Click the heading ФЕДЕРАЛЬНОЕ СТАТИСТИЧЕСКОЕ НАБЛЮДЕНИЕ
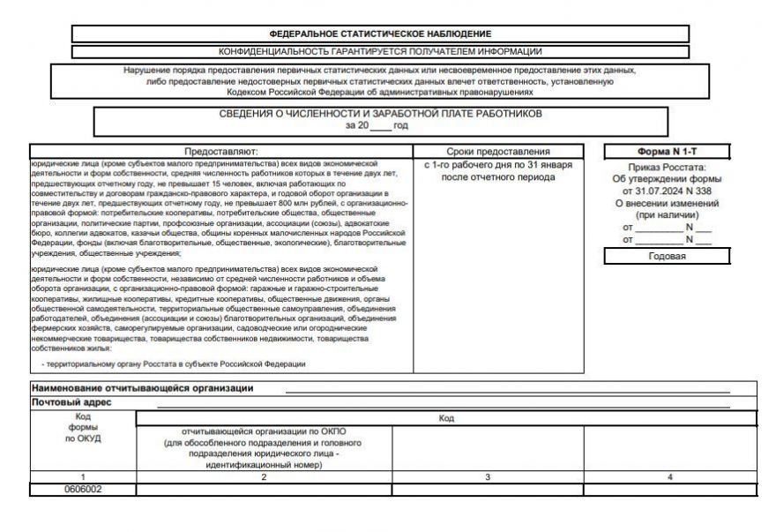380,33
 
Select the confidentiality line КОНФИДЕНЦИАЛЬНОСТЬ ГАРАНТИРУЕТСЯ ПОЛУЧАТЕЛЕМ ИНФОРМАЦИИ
380,51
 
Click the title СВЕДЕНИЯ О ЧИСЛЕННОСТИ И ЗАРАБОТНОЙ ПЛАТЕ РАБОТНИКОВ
380,114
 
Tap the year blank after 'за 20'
380,126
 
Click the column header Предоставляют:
220,152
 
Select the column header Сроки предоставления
498,152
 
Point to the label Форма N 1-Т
667,152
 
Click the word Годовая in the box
667,257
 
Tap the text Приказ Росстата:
667,167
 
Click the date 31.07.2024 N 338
667,191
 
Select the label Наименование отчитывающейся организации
142,388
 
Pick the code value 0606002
83,489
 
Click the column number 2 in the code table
264,477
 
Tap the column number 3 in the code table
488,477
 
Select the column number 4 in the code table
669,477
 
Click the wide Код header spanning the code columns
446,418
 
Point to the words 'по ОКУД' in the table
83,438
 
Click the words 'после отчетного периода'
498,177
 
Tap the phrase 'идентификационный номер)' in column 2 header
264,465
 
